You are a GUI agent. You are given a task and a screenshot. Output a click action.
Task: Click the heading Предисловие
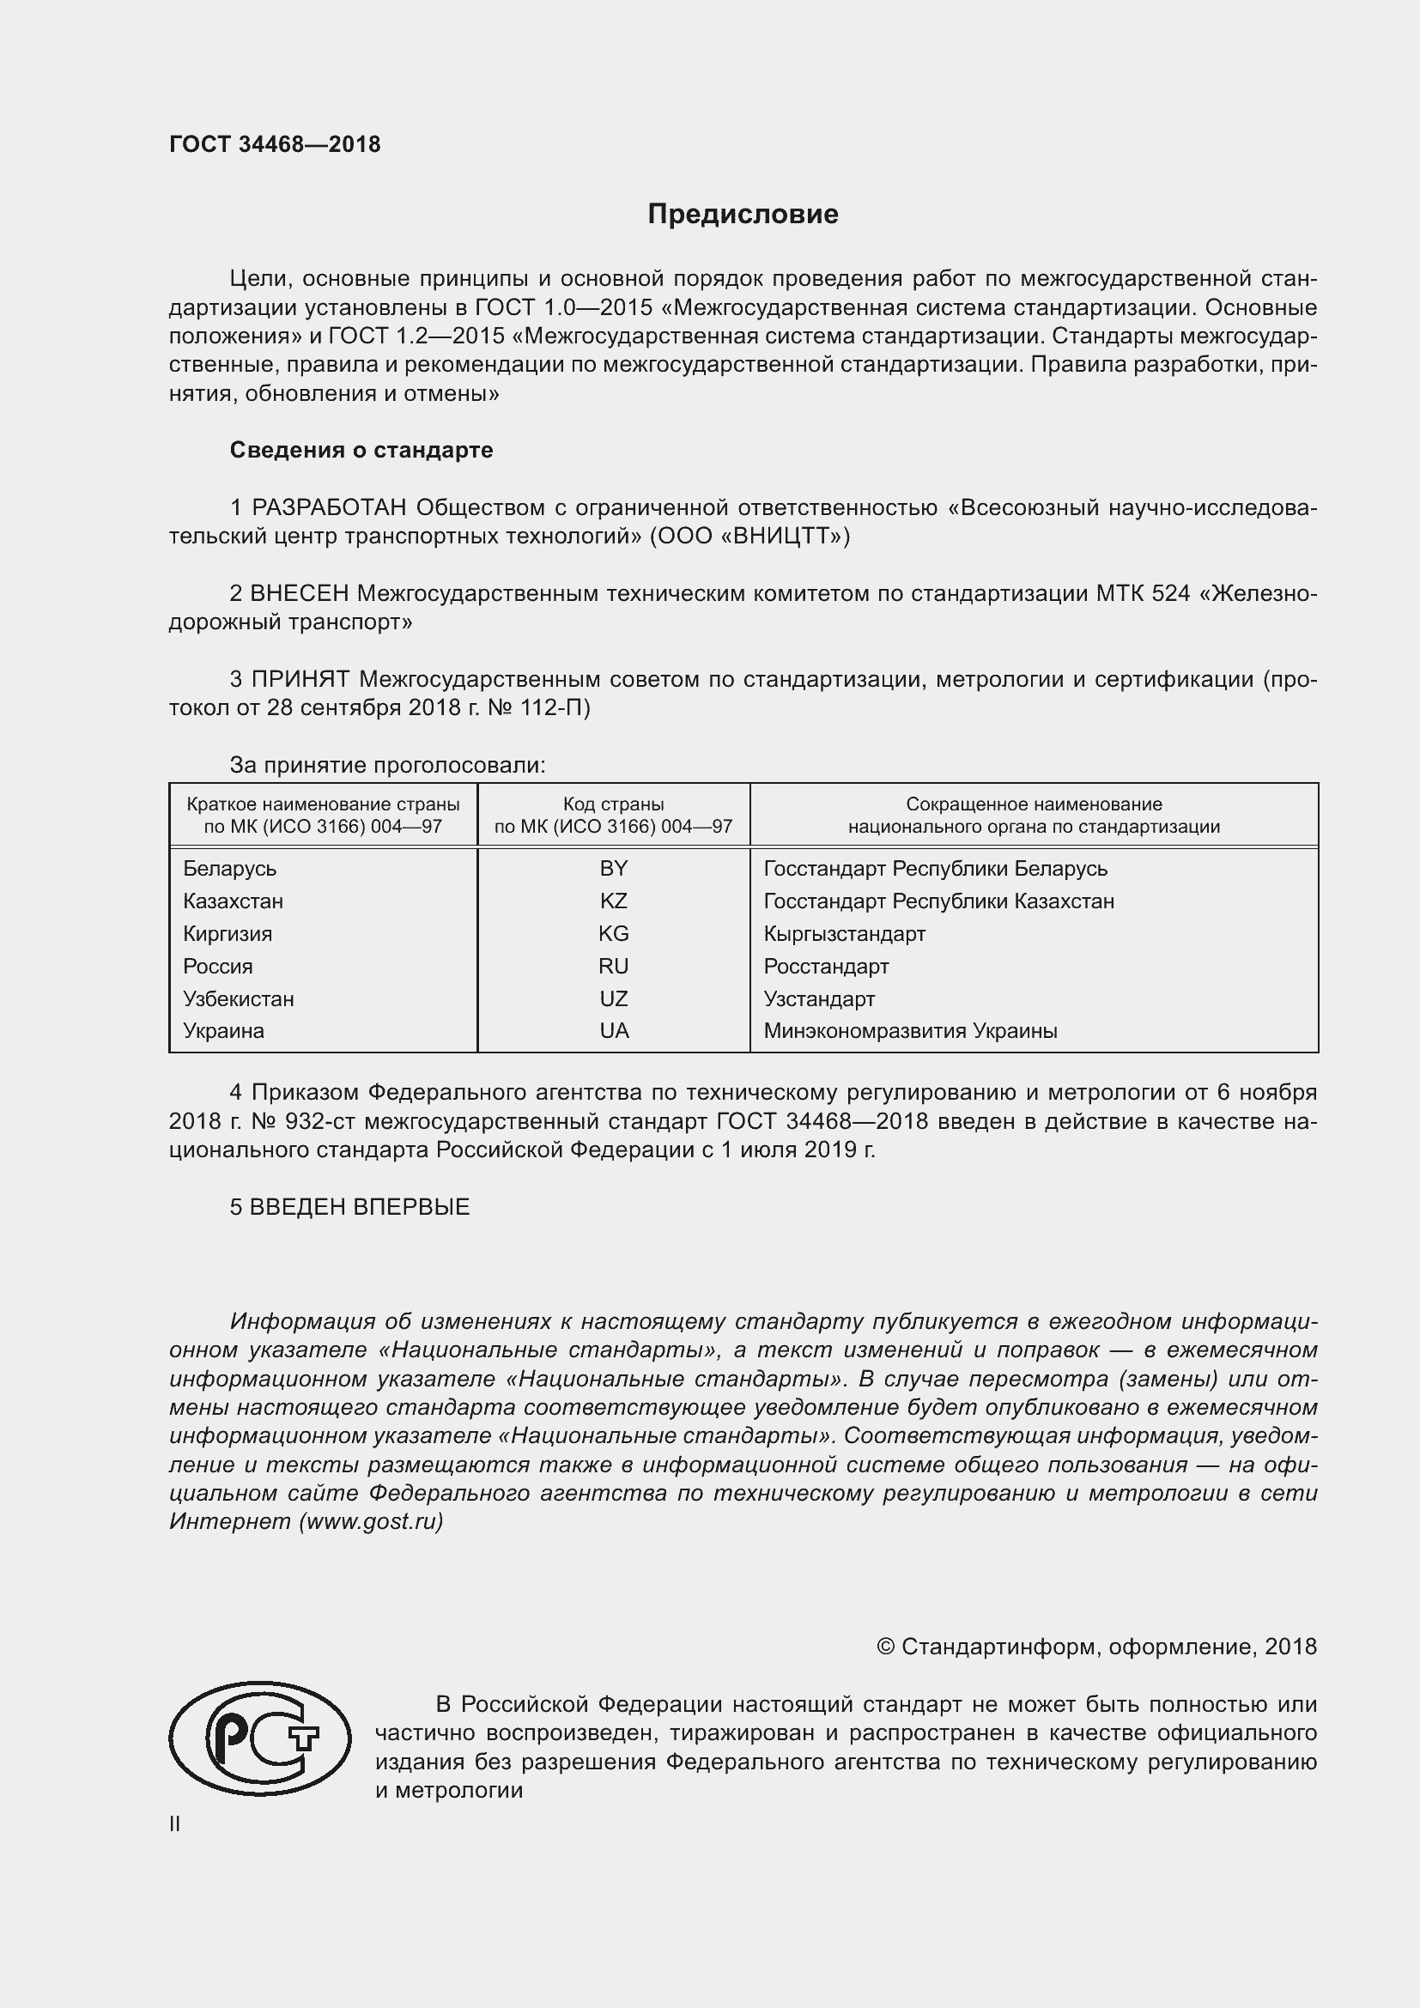(743, 215)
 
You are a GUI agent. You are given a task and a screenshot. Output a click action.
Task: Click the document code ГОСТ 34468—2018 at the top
(275, 145)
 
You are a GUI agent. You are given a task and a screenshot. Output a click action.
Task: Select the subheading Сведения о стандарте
(361, 451)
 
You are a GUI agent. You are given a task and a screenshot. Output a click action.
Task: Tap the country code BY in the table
(613, 869)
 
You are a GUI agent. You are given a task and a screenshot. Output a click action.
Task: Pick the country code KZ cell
(613, 901)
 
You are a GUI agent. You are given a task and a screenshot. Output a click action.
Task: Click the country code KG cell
(613, 933)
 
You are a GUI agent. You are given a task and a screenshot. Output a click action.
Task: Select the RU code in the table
(613, 967)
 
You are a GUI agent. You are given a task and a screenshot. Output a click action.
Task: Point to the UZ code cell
(613, 998)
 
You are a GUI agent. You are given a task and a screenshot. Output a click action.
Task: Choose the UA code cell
(613, 1031)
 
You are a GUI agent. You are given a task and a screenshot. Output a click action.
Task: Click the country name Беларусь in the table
(229, 869)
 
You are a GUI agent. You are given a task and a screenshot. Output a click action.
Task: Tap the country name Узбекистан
(238, 998)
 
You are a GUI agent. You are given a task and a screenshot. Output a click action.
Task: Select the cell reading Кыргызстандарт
(844, 933)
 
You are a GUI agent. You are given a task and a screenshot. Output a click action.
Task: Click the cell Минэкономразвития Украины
(910, 1031)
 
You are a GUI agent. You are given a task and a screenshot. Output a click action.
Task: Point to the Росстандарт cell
(825, 967)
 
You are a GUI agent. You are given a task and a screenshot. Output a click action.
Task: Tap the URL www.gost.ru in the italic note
(372, 1521)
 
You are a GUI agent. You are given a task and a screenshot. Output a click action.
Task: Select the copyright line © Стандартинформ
(1096, 1647)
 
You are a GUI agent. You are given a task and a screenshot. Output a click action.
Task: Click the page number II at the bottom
(175, 1824)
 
